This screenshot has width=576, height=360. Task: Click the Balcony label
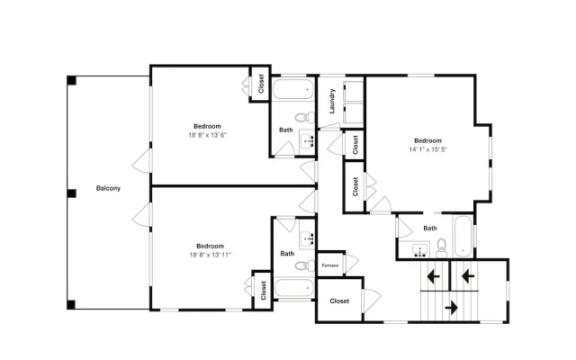pyautogui.click(x=108, y=188)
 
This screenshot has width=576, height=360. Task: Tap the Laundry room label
pyautogui.click(x=332, y=101)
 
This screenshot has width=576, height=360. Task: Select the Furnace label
pyautogui.click(x=330, y=265)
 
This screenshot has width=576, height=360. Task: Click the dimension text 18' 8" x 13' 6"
pyautogui.click(x=207, y=135)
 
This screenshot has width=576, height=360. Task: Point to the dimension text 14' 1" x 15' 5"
pyautogui.click(x=428, y=149)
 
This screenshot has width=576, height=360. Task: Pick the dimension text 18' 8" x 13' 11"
pyautogui.click(x=210, y=255)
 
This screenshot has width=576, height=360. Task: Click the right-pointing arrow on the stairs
pyautogui.click(x=452, y=307)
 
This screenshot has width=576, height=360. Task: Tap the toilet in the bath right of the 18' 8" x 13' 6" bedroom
pyautogui.click(x=305, y=118)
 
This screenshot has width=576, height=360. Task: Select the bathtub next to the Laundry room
pyautogui.click(x=293, y=89)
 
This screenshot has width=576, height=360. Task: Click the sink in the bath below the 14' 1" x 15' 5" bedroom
pyautogui.click(x=419, y=250)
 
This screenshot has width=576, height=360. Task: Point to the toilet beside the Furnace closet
pyautogui.click(x=305, y=265)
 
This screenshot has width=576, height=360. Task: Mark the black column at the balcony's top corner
pyautogui.click(x=71, y=80)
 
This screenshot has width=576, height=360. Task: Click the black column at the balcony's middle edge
pyautogui.click(x=71, y=193)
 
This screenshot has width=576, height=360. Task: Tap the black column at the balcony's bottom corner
pyautogui.click(x=71, y=304)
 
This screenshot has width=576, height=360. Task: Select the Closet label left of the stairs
pyautogui.click(x=339, y=301)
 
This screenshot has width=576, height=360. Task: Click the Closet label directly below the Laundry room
pyautogui.click(x=355, y=145)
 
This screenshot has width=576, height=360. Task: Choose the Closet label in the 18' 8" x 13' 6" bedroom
pyautogui.click(x=261, y=84)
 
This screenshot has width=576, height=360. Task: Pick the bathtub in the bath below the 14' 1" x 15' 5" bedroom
pyautogui.click(x=463, y=237)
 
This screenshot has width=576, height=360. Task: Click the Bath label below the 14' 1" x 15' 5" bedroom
pyautogui.click(x=430, y=229)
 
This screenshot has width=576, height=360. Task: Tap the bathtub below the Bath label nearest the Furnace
pyautogui.click(x=293, y=288)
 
